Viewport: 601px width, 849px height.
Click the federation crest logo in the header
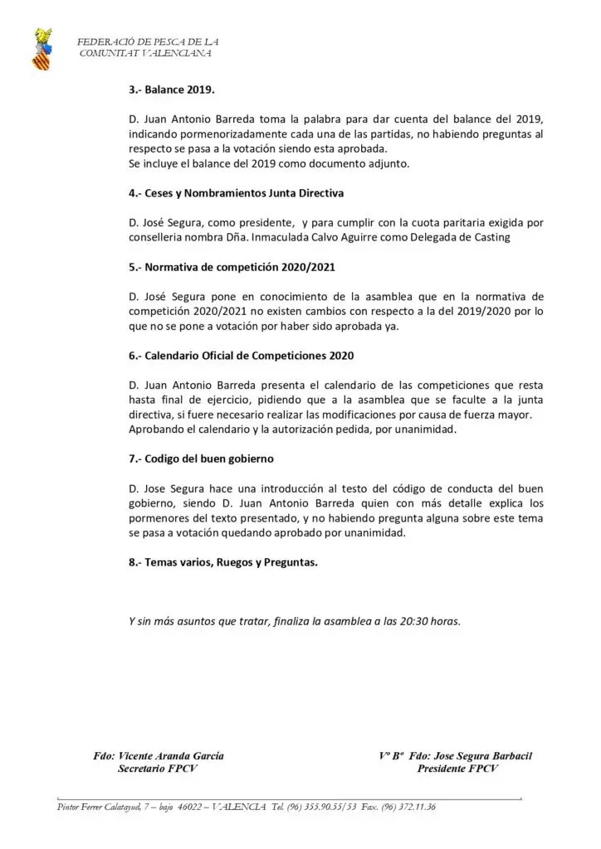pyautogui.click(x=41, y=49)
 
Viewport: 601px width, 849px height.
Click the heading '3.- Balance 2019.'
pyautogui.click(x=172, y=90)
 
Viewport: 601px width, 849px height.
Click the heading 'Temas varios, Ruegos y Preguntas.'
pyautogui.click(x=223, y=562)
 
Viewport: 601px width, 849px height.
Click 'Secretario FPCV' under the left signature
pyautogui.click(x=158, y=769)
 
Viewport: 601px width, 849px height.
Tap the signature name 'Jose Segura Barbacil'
pyautogui.click(x=482, y=756)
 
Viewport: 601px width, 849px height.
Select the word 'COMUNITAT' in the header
pyautogui.click(x=107, y=53)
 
